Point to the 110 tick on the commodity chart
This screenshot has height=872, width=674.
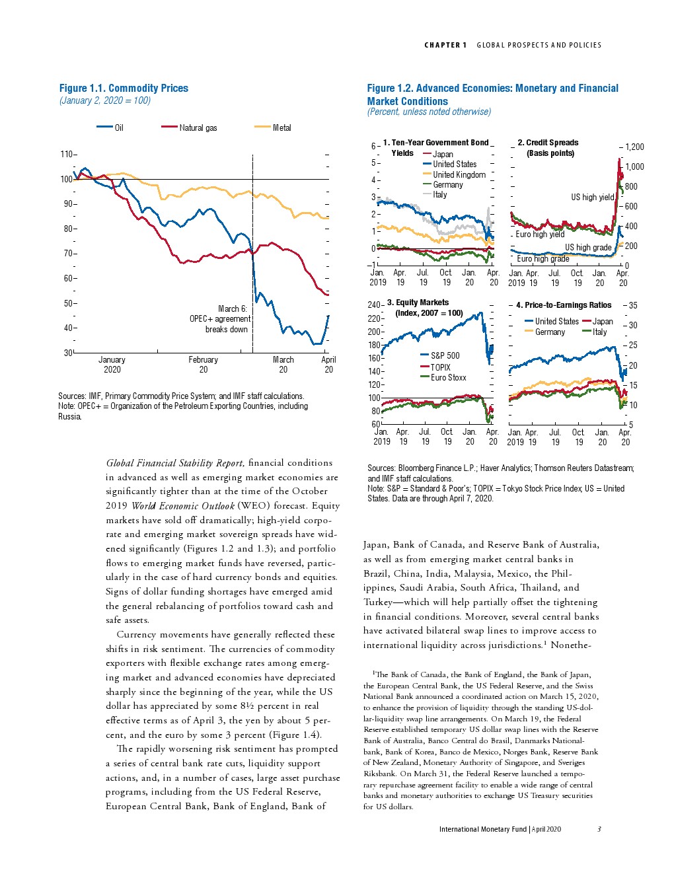click(67, 154)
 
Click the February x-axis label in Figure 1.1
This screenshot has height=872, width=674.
click(203, 360)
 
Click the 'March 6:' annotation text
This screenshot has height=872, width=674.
click(232, 309)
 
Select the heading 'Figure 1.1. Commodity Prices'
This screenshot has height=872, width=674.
click(124, 88)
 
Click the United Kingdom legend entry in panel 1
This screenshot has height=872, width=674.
click(459, 174)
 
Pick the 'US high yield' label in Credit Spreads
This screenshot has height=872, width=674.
click(592, 197)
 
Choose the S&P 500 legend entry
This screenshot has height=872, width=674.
click(445, 355)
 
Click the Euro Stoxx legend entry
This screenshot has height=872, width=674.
click(448, 377)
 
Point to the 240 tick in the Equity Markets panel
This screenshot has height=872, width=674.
click(374, 305)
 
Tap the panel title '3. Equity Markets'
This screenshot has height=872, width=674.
click(418, 303)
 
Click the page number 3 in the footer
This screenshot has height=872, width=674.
click(599, 829)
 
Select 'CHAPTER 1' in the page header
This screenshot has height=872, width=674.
click(445, 45)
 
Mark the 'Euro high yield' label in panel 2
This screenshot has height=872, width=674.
click(540, 234)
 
